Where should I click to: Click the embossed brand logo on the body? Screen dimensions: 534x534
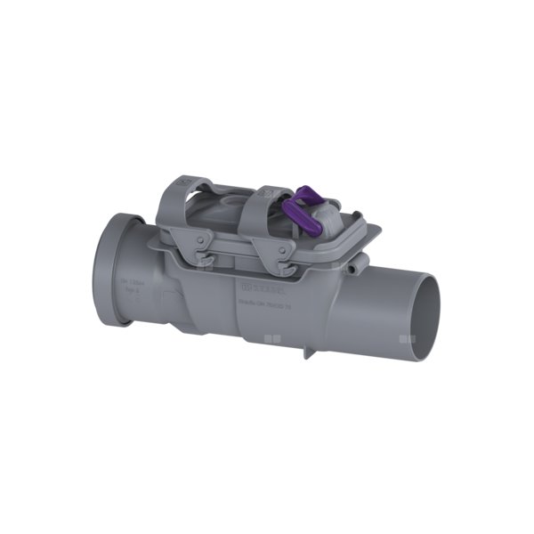(259, 288)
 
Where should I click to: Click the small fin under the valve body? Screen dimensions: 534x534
(307, 351)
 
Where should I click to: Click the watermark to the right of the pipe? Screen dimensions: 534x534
(408, 339)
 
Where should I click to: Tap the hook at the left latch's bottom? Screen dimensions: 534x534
(206, 262)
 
